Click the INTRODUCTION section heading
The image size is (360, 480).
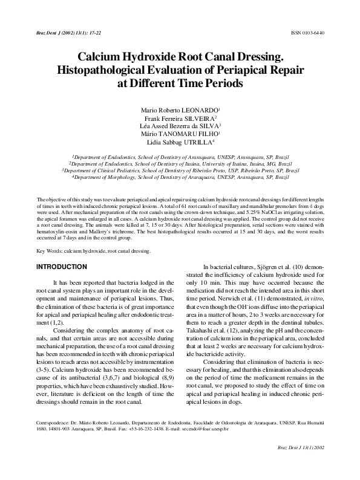point(61,267)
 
